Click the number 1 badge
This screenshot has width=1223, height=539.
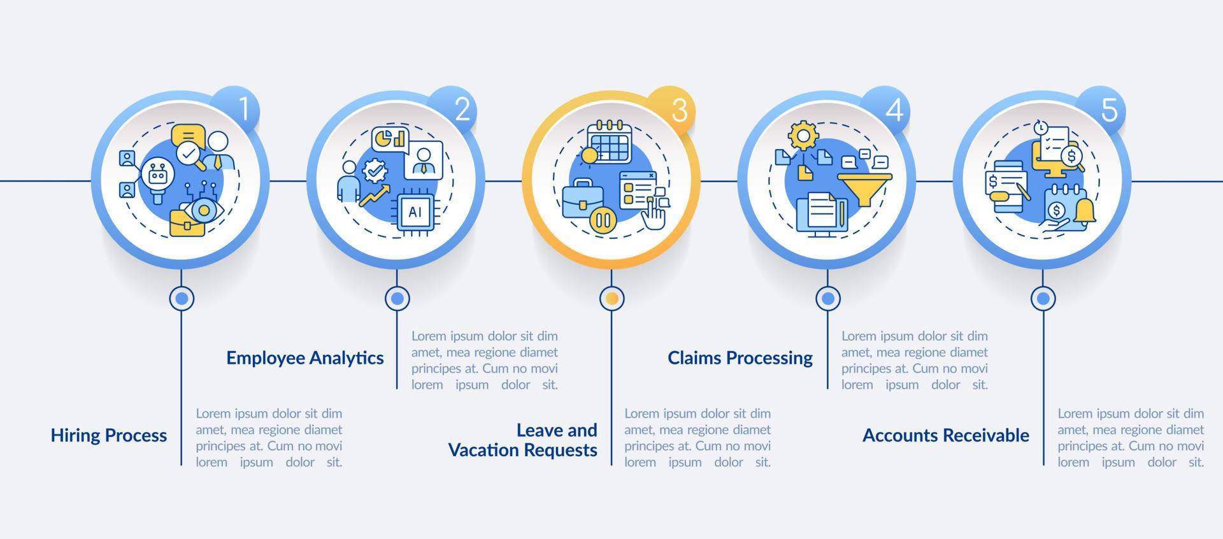[243, 110]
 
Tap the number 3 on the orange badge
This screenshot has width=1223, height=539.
[679, 110]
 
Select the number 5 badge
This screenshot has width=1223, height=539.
[1109, 110]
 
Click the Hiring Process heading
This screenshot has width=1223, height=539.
[109, 436]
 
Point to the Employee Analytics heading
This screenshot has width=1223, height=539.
[305, 358]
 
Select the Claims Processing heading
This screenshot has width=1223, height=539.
[740, 358]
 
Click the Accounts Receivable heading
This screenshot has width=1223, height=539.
[946, 436]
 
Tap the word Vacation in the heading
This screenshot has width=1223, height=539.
[485, 450]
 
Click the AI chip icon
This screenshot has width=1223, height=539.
[415, 212]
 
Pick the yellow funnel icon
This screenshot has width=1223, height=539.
[864, 187]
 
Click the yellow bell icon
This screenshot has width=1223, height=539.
[1085, 212]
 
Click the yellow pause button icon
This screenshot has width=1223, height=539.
[603, 221]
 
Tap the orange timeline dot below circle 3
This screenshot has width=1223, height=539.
[612, 298]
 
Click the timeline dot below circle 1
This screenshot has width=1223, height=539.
[182, 298]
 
